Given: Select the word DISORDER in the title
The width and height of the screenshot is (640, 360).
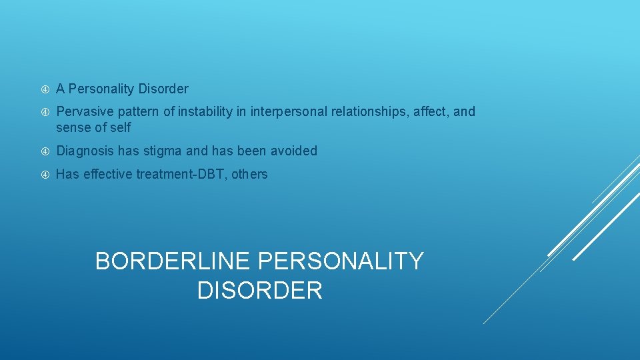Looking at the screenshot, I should point(260,291).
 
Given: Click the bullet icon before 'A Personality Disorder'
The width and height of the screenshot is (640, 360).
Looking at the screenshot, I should point(45,89).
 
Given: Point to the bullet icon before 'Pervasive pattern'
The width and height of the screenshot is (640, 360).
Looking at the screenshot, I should point(45,112).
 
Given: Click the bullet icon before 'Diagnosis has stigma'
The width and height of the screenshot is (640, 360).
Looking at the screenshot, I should point(45,151).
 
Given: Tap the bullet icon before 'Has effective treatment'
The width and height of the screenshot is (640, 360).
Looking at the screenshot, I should point(45,175).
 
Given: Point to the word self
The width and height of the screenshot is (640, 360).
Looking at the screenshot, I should point(120,127).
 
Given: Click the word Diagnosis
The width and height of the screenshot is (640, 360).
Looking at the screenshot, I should point(85,151).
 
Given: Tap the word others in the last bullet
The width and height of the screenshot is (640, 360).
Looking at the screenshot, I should point(249,174).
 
